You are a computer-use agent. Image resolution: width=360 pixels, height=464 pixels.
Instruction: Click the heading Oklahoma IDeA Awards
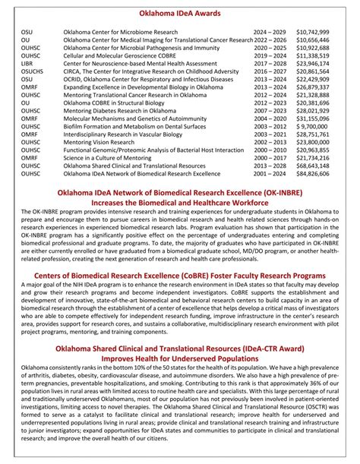click(180, 14)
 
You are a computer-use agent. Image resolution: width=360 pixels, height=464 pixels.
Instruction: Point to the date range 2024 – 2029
click(270, 33)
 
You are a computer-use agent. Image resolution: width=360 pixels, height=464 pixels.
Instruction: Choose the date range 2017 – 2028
click(270, 64)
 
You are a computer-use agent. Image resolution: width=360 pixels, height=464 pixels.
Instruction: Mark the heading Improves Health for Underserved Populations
click(180, 359)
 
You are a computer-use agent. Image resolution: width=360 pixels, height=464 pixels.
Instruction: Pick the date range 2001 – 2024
click(270, 173)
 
